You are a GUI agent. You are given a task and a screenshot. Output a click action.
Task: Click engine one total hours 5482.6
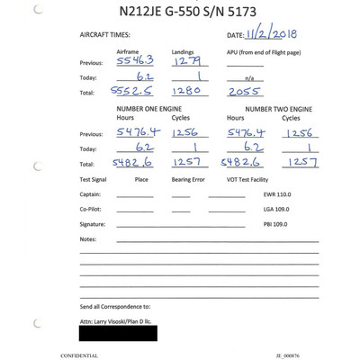click(x=130, y=163)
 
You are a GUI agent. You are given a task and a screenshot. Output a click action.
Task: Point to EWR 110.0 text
click(x=277, y=194)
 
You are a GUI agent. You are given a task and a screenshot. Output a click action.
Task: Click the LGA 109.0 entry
click(x=277, y=209)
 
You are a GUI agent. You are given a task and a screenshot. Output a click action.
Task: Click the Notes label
click(x=87, y=239)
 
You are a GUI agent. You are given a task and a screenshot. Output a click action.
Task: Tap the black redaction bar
click(x=118, y=332)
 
